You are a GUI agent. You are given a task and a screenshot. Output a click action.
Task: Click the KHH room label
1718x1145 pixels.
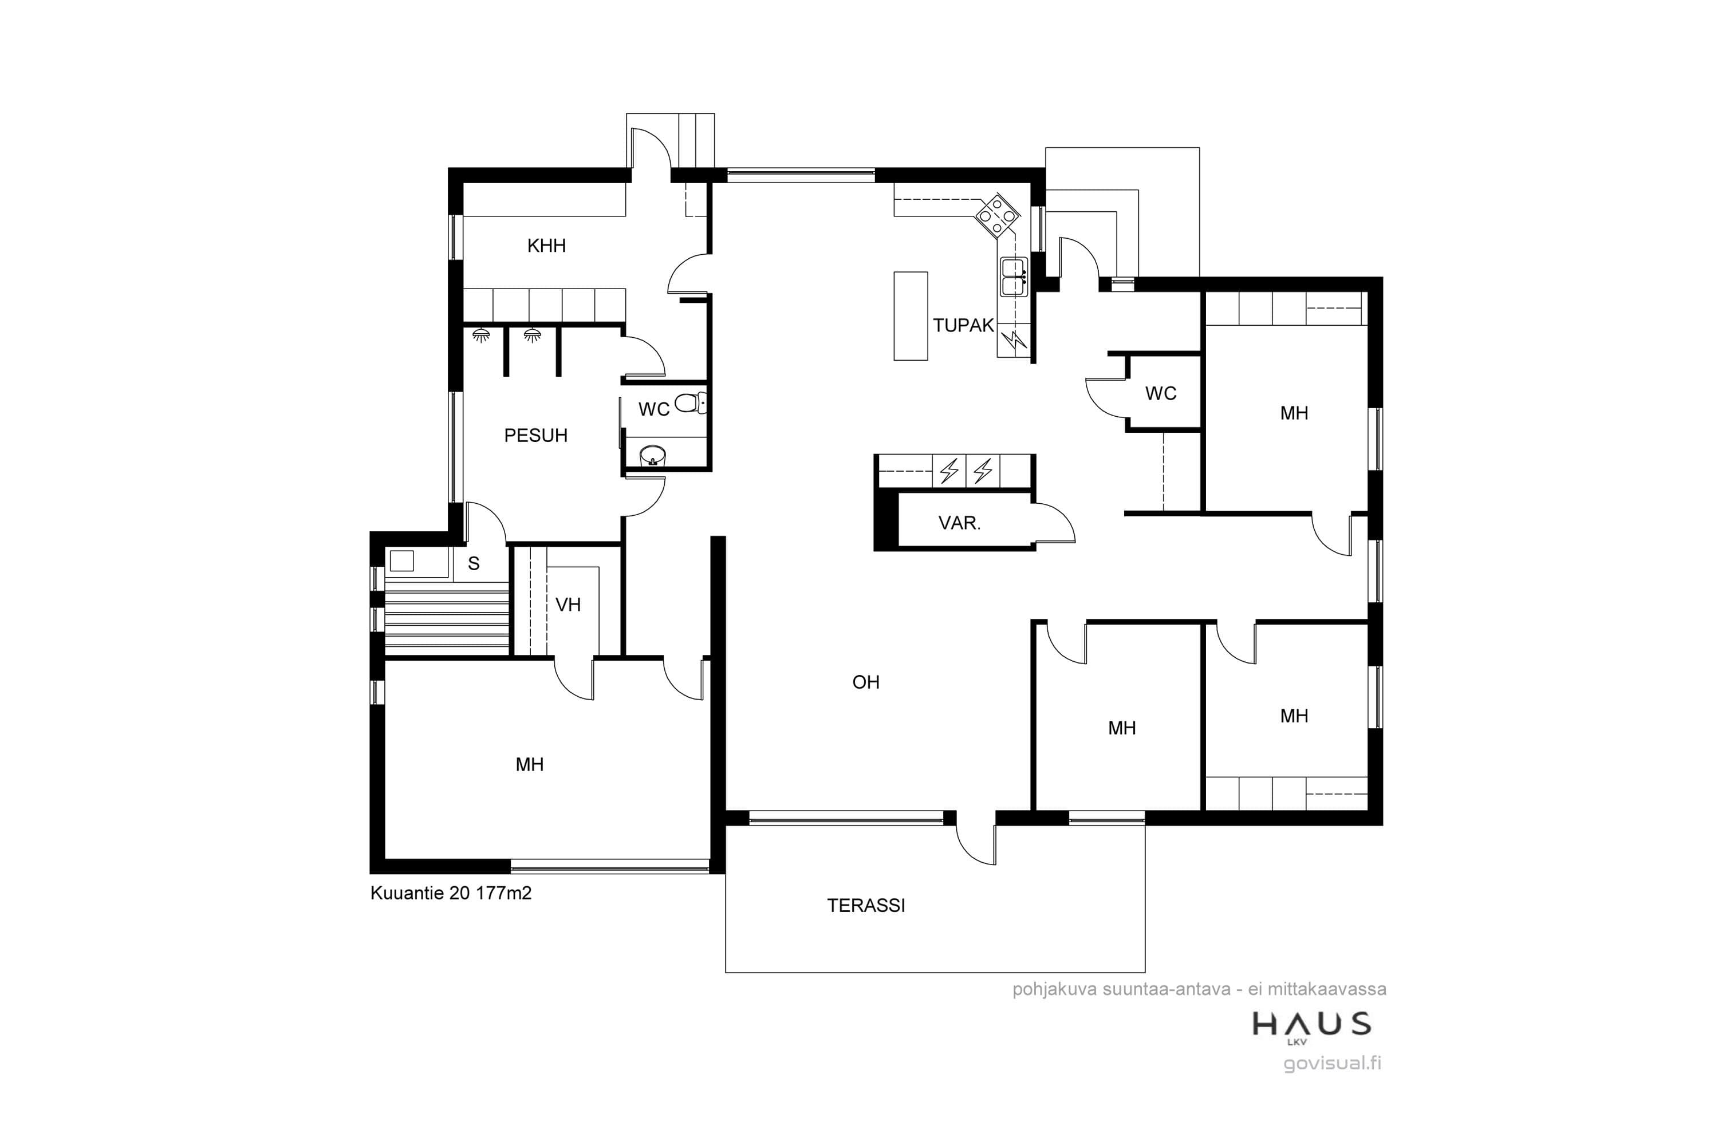tap(546, 246)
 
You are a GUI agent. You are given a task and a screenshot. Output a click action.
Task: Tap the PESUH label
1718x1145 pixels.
tap(535, 435)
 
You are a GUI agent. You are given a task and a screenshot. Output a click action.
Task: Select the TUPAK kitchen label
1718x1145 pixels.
tap(963, 325)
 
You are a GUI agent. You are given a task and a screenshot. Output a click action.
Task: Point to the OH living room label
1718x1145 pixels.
tap(865, 682)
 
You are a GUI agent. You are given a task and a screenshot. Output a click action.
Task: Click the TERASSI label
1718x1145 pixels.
tap(865, 906)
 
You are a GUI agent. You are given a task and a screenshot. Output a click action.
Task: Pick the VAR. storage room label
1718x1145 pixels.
tap(959, 523)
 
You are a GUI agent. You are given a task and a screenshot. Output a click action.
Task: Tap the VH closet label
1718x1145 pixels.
tap(568, 605)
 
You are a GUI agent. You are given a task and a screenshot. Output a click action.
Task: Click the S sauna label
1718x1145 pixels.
tap(474, 563)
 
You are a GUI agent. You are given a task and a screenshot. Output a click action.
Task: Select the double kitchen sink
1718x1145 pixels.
tap(1014, 277)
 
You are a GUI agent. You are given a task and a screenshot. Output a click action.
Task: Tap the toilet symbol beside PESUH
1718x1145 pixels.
tap(690, 402)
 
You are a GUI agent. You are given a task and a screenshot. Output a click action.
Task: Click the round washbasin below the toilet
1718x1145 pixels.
tap(652, 456)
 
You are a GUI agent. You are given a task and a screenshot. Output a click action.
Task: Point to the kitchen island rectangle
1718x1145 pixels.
tap(910, 316)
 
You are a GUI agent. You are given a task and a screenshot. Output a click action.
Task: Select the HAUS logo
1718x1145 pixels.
tap(1311, 1026)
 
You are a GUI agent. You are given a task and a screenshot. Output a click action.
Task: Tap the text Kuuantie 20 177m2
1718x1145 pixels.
tap(451, 893)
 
